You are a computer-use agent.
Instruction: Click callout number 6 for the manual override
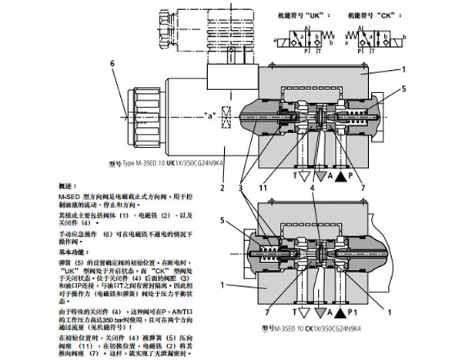112,64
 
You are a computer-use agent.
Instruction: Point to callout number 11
284,188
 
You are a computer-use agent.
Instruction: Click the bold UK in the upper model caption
166,164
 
